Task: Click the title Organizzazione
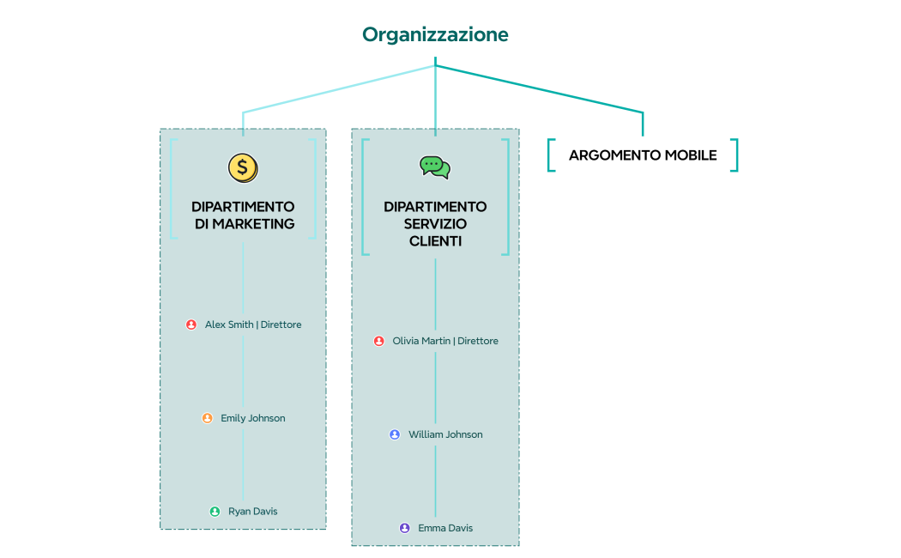point(435,34)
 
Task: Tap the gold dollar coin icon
point(243,167)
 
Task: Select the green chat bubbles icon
point(435,167)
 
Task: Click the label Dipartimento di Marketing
point(243,215)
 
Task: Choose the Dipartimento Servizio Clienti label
point(435,224)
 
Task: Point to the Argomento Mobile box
point(643,155)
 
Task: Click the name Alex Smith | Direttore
point(253,324)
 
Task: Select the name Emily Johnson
point(253,418)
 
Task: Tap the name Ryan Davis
point(253,512)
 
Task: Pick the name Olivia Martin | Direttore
point(445,341)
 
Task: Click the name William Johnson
point(445,434)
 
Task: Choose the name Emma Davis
point(445,528)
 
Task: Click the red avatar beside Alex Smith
point(191,324)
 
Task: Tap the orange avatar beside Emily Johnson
point(207,418)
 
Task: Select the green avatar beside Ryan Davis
point(215,512)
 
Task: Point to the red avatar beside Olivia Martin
point(378,341)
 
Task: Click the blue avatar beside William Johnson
point(395,434)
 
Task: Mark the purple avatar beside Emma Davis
point(404,528)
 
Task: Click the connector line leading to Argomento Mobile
point(549,90)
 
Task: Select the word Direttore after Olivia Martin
point(478,341)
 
